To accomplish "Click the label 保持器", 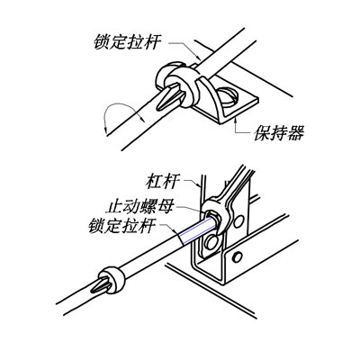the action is click(279, 133).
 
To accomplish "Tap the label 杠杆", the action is click(163, 182).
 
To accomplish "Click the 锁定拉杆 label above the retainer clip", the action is click(128, 42).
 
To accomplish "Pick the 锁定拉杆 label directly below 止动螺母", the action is click(122, 226).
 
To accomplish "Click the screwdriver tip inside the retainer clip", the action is click(170, 96).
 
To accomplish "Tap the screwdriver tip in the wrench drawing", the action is click(101, 285).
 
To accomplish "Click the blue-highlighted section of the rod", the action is click(195, 232).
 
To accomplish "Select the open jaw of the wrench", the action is click(214, 214).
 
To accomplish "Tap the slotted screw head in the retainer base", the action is click(228, 96).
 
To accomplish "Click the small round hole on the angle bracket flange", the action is click(238, 257).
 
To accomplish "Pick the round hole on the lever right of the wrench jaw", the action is click(238, 221).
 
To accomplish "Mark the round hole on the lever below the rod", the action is click(211, 242).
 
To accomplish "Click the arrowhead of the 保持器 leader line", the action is click(236, 121).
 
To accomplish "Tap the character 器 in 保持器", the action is click(296, 133).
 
